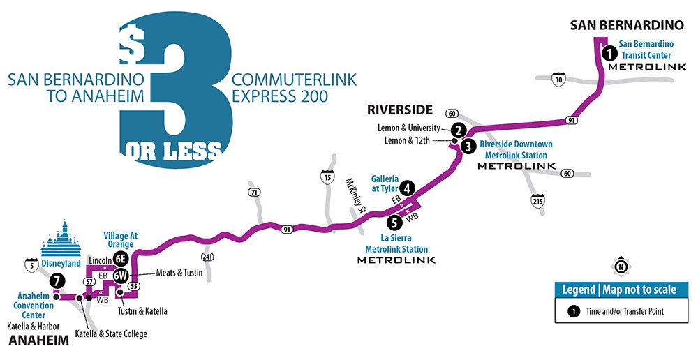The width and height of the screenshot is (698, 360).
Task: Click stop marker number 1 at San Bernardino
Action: [x=608, y=52]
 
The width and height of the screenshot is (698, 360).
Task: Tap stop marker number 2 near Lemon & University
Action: [x=458, y=129]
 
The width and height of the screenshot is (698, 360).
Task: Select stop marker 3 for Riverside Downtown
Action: [x=468, y=146]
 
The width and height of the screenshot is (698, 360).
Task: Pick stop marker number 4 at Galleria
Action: [x=406, y=188]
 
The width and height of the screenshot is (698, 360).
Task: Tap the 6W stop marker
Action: [x=120, y=274]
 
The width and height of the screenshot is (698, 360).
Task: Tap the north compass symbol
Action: [x=620, y=265]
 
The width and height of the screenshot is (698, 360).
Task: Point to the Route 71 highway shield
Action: [x=253, y=191]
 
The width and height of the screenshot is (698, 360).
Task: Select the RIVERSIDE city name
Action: [x=401, y=110]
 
